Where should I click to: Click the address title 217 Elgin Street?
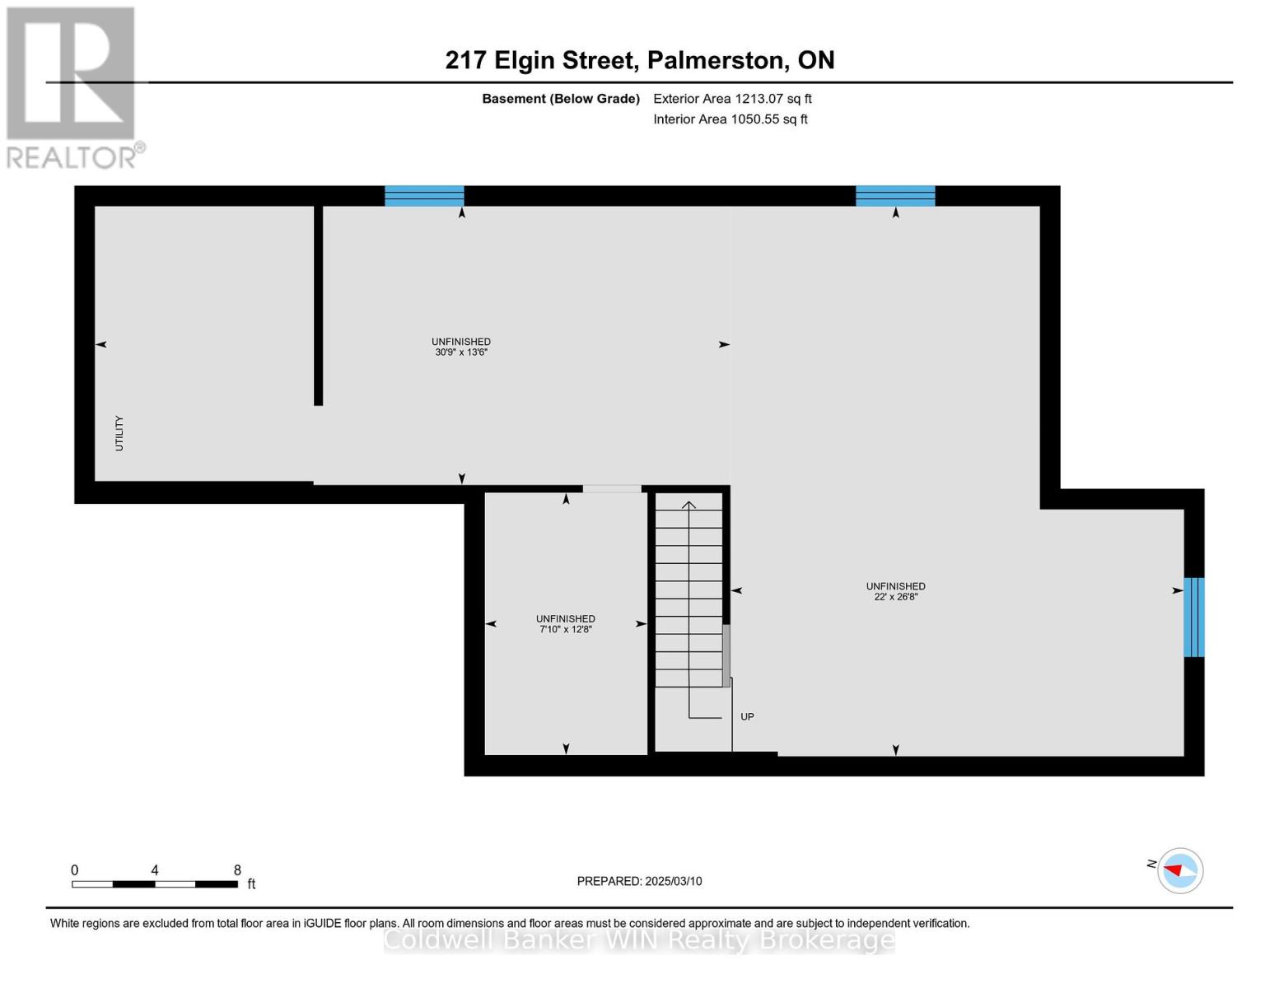pyautogui.click(x=639, y=60)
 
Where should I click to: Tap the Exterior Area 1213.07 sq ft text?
pyautogui.click(x=732, y=99)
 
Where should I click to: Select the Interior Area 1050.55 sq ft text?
pyautogui.click(x=730, y=119)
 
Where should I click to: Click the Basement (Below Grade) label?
pyautogui.click(x=560, y=99)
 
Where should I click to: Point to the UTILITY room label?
pyautogui.click(x=119, y=433)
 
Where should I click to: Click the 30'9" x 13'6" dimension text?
pyautogui.click(x=461, y=352)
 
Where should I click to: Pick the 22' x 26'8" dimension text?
pyautogui.click(x=895, y=597)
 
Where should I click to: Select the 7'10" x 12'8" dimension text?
pyautogui.click(x=566, y=629)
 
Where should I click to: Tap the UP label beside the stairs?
pyautogui.click(x=747, y=717)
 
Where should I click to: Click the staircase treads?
pyautogui.click(x=689, y=593)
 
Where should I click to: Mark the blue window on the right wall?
pyautogui.click(x=1193, y=617)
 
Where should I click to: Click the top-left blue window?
pyautogui.click(x=424, y=196)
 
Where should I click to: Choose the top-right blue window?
pyautogui.click(x=895, y=196)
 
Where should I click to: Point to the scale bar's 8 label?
pyautogui.click(x=237, y=870)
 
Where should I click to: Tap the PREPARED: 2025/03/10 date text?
pyautogui.click(x=639, y=881)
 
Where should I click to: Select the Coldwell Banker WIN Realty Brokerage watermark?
pyautogui.click(x=639, y=939)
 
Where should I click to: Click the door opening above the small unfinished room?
pyautogui.click(x=611, y=489)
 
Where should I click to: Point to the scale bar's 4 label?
pyautogui.click(x=155, y=870)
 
